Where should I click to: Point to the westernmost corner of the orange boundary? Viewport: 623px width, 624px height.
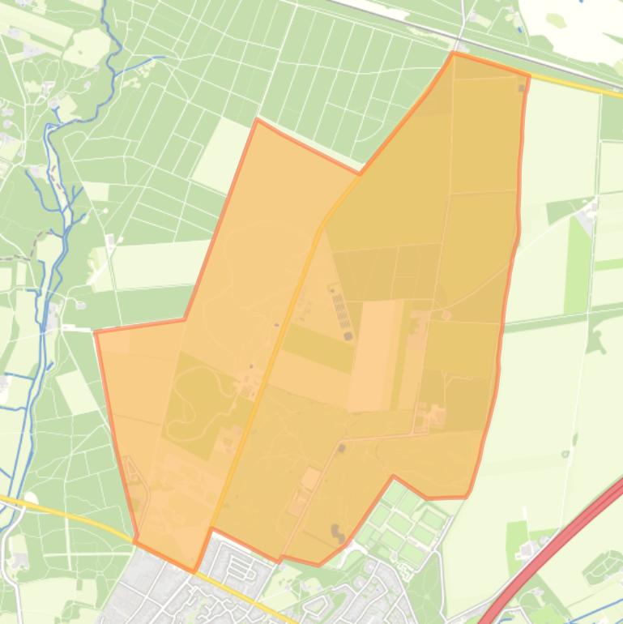click(x=96, y=332)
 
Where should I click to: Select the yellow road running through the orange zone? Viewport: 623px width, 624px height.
click(x=284, y=340)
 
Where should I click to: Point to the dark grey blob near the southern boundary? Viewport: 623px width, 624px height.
click(x=336, y=532)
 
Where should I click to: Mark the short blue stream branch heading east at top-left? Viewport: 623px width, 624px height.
click(x=146, y=59)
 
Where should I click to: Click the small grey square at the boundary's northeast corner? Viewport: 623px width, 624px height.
click(x=522, y=88)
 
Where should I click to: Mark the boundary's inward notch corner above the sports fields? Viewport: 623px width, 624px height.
click(x=394, y=477)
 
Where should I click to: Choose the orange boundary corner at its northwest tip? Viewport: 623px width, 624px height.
click(x=257, y=121)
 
